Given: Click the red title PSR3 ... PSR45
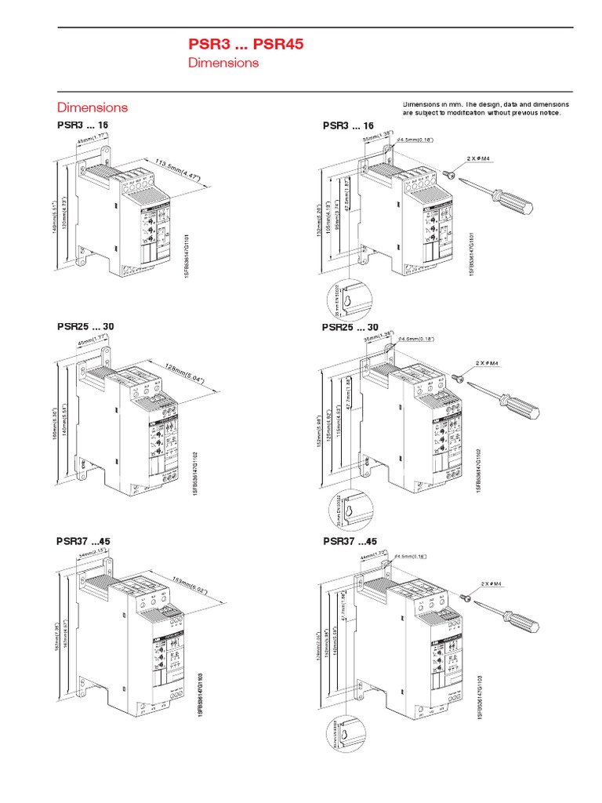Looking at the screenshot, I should [245, 45].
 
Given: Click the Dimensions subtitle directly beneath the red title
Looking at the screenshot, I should [223, 63].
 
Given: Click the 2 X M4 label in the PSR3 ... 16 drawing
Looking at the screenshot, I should [477, 158].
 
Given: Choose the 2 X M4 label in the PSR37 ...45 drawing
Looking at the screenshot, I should [491, 584].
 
